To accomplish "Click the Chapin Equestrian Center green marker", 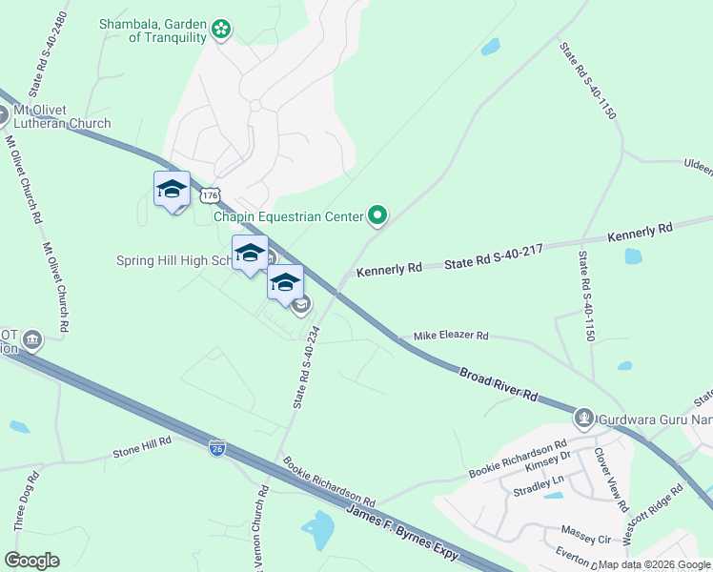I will [x=377, y=216].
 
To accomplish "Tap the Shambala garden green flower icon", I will [x=221, y=30].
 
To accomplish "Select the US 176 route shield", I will [x=211, y=195].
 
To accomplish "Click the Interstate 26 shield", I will [x=217, y=449].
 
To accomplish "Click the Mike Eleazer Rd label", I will [x=450, y=337].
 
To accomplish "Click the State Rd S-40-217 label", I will [x=493, y=254].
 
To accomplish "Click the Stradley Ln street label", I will [x=532, y=492].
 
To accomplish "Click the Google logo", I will [x=31, y=561].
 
